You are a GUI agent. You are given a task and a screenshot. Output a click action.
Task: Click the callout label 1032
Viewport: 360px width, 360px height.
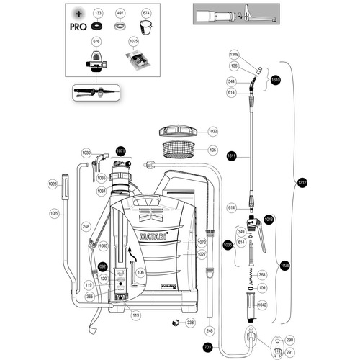[212, 132]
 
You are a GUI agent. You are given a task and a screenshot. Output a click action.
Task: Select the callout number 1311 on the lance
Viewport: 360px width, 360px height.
[232, 156]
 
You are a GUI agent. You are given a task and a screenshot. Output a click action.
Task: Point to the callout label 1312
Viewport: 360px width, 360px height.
[302, 183]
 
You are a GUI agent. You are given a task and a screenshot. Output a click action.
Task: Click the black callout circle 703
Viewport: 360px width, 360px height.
[208, 347]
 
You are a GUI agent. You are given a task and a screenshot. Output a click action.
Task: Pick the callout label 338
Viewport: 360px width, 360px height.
[190, 322]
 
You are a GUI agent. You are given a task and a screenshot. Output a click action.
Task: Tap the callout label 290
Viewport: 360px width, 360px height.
[290, 339]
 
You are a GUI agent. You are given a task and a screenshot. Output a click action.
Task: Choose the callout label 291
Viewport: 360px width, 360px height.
[290, 351]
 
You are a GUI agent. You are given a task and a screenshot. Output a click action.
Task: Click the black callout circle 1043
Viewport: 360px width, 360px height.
[269, 219]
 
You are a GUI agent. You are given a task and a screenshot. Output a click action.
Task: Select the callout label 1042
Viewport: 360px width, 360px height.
[262, 305]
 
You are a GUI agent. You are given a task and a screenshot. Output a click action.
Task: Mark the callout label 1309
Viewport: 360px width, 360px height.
[233, 55]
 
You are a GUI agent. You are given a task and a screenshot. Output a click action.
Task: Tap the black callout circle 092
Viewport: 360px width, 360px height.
[102, 266]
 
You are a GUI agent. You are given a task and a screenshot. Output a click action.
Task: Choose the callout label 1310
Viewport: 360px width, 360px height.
[274, 80]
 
